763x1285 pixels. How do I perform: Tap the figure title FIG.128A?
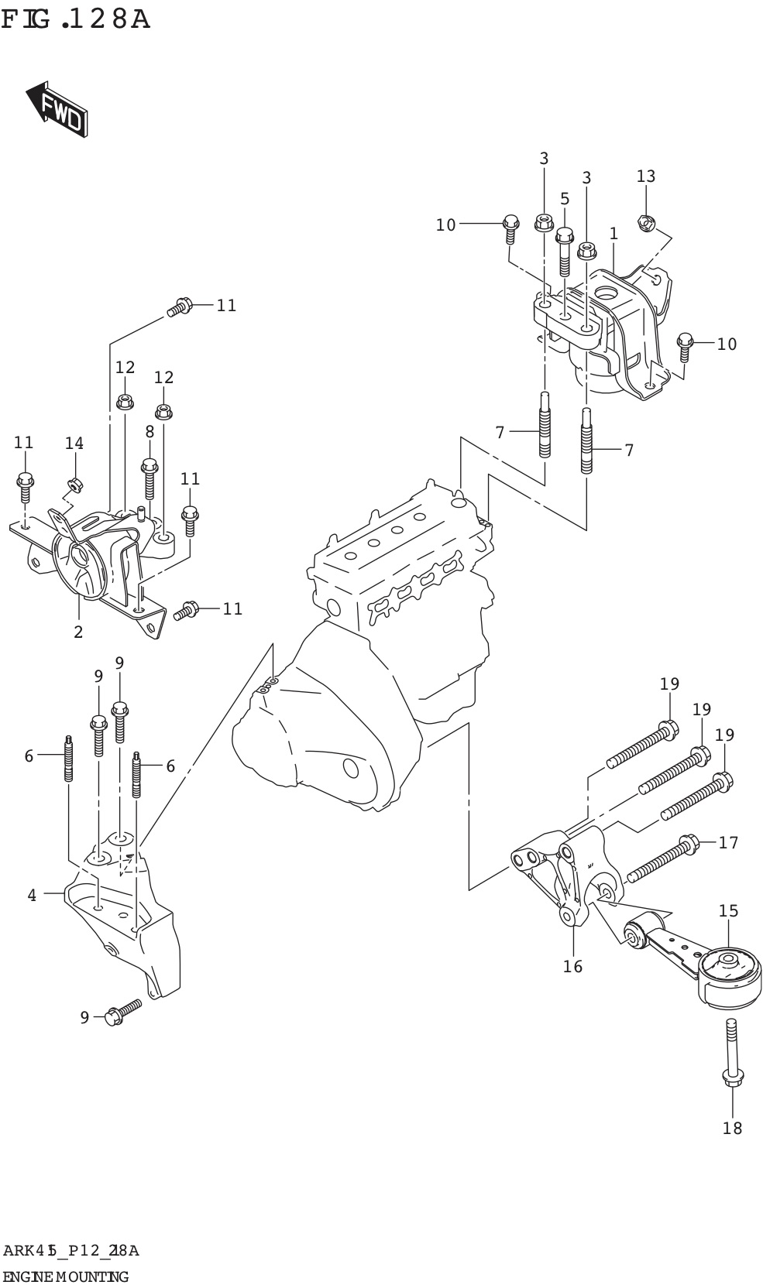click(75, 19)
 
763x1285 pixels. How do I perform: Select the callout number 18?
click(732, 1128)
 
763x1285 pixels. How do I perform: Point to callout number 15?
click(728, 911)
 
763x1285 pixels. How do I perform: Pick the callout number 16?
click(572, 966)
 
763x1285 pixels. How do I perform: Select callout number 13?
click(645, 176)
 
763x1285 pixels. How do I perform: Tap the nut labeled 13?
click(646, 224)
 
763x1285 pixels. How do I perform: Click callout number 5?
click(565, 199)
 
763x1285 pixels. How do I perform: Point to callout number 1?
click(613, 233)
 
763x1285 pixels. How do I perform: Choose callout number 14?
click(74, 444)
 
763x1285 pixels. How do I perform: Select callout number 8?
click(150, 431)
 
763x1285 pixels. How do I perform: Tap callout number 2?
click(78, 632)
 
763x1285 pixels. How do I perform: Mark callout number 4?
click(32, 896)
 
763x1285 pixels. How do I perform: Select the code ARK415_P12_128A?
click(70, 1251)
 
